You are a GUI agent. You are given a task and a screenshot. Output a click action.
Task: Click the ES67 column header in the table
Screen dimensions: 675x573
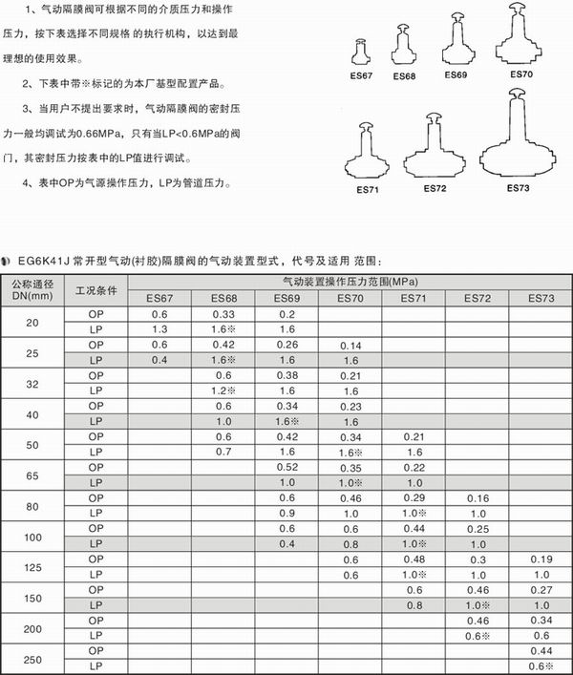159,299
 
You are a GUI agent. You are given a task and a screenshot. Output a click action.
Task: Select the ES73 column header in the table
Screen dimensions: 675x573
540,299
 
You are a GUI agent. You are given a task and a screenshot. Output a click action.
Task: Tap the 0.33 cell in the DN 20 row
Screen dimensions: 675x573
222,314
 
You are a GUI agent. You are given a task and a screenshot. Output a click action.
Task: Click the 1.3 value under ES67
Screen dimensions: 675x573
159,329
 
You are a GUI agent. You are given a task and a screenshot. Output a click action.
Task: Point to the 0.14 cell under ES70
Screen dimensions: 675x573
350,345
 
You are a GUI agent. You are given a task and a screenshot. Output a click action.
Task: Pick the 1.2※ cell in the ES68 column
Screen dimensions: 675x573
223,390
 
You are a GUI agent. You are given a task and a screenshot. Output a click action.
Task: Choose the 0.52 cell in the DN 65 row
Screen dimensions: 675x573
286,467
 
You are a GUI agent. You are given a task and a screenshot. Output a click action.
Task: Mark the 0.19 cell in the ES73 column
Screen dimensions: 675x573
540,559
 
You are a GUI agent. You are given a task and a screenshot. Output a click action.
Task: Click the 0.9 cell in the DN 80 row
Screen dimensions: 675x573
286,513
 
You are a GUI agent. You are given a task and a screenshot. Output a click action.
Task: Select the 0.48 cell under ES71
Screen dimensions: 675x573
413,559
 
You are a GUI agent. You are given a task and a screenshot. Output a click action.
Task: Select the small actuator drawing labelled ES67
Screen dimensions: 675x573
363,53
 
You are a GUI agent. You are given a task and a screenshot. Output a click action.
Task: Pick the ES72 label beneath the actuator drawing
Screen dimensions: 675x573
435,188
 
